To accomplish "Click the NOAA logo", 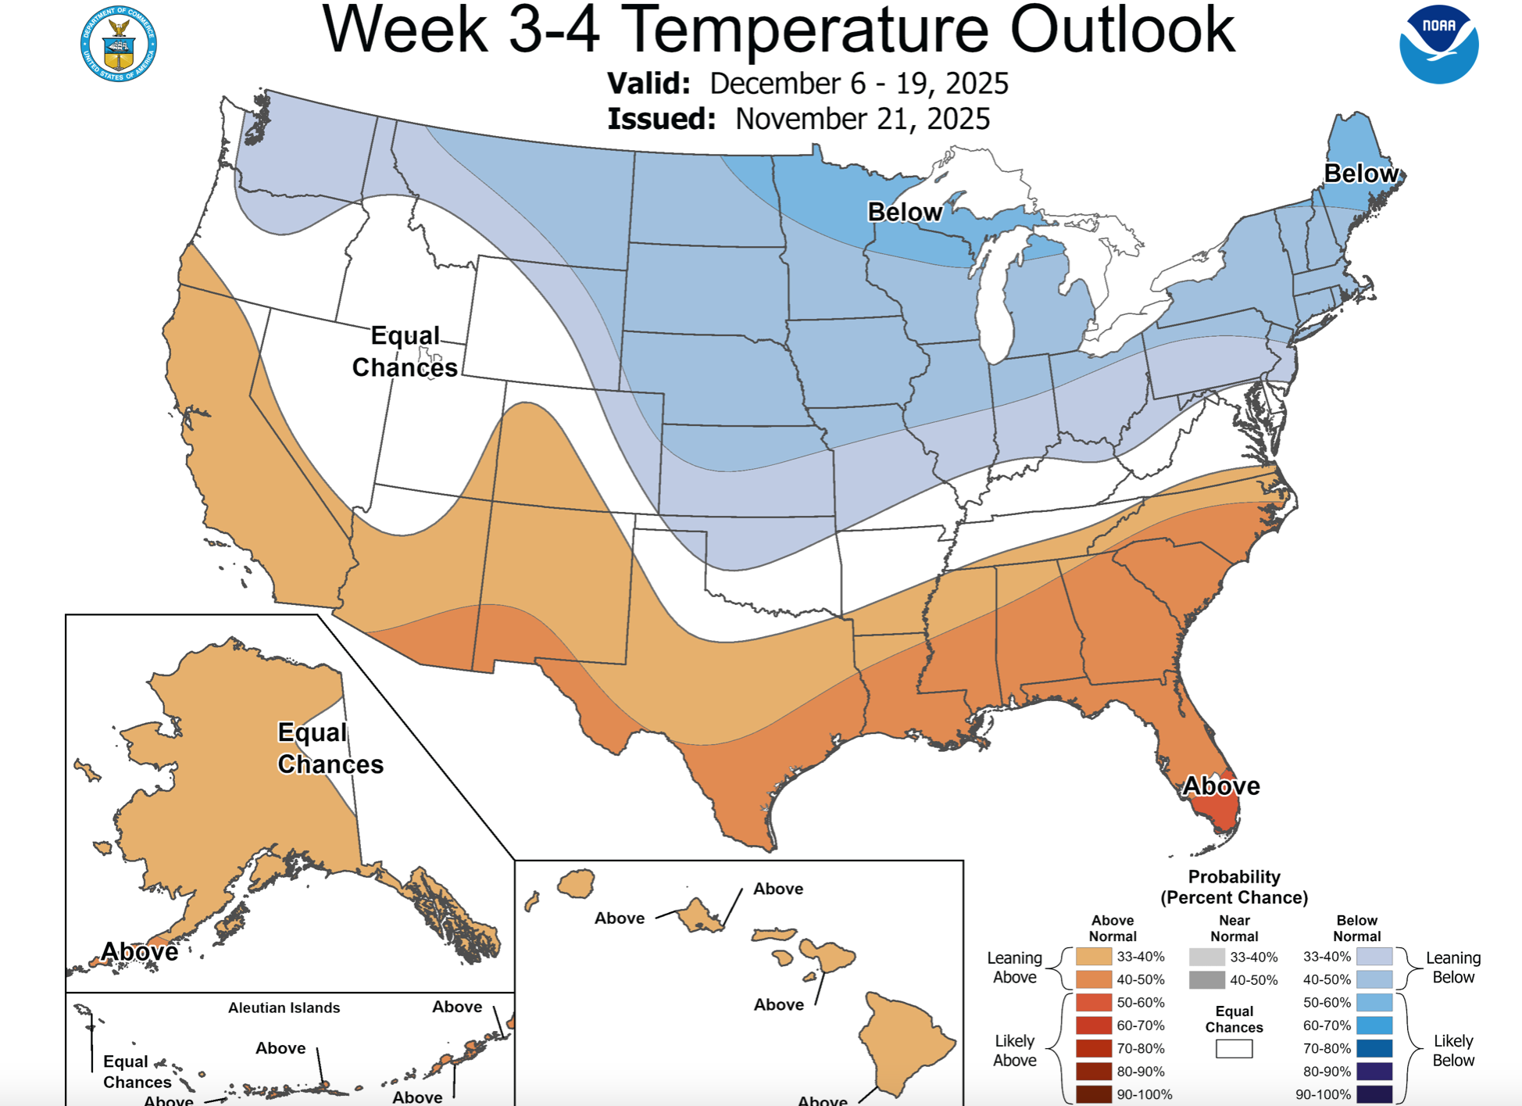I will coord(1438,45).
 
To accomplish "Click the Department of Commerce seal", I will coord(119,45).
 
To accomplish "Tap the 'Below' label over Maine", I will coord(1361,174).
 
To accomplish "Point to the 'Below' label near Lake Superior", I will coord(905,212).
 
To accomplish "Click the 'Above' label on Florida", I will coord(1220,786).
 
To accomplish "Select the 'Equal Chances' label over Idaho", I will coord(405,352).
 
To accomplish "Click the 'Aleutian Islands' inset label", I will coord(284,1008).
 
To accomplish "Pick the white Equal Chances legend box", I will coord(1234,1049).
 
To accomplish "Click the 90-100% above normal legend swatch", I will coord(1093,1094).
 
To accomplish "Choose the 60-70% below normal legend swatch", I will coord(1374,1025).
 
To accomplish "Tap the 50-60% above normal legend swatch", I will coord(1093,1003).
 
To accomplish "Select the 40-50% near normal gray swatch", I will coord(1206,980).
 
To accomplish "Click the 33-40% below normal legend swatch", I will coord(1374,957).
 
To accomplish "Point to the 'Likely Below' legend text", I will coord(1452,1051).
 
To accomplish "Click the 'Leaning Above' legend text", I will coord(1014,968).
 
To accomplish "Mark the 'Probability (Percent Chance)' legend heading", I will coord(1234,887).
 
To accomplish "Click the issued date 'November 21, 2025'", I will coord(863,120).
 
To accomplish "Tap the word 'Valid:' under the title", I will coord(648,84).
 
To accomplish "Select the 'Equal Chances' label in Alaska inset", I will coord(330,748).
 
